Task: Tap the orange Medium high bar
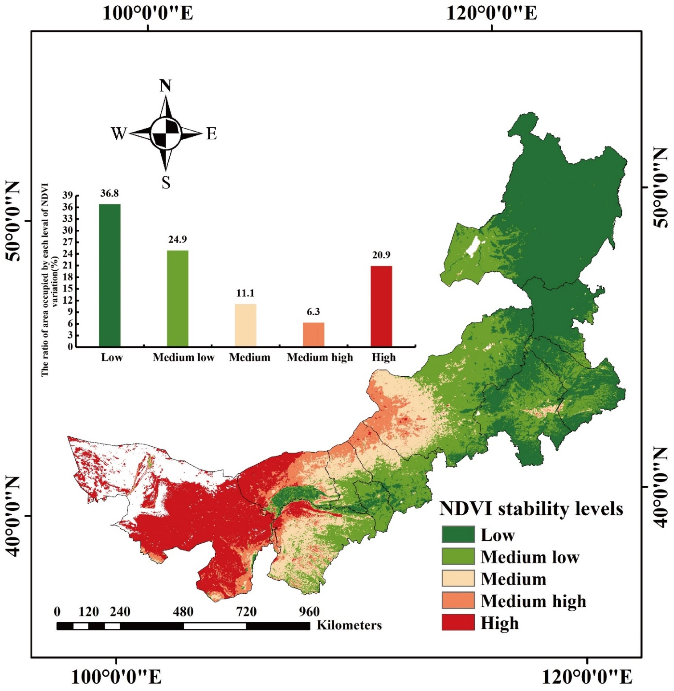pyautogui.click(x=313, y=334)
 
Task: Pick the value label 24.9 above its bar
pyautogui.click(x=177, y=239)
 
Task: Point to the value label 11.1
pyautogui.click(x=245, y=293)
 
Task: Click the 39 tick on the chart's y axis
pyautogui.click(x=68, y=196)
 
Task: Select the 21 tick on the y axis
pyautogui.click(x=68, y=266)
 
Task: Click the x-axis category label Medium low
pyautogui.click(x=183, y=357)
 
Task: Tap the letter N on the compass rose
pyautogui.click(x=165, y=86)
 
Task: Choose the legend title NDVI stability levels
pyautogui.click(x=531, y=509)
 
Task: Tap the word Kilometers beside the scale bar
pyautogui.click(x=349, y=625)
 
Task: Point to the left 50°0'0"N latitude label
pyautogui.click(x=13, y=221)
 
